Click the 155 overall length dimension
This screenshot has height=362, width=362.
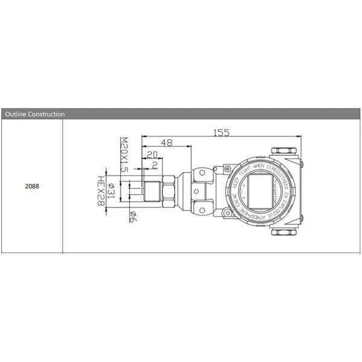coord(221,133)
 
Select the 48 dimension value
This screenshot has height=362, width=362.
coord(167,142)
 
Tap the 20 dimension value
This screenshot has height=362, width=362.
coord(151,154)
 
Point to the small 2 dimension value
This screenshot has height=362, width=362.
coord(154,165)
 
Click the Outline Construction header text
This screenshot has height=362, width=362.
coord(34,113)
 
